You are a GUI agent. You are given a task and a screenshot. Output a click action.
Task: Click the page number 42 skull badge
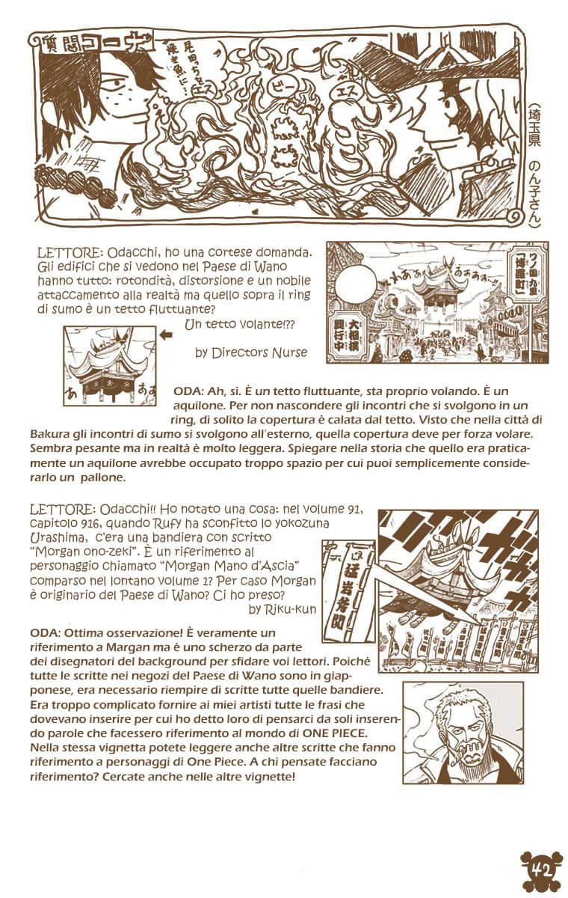(x=535, y=871)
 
